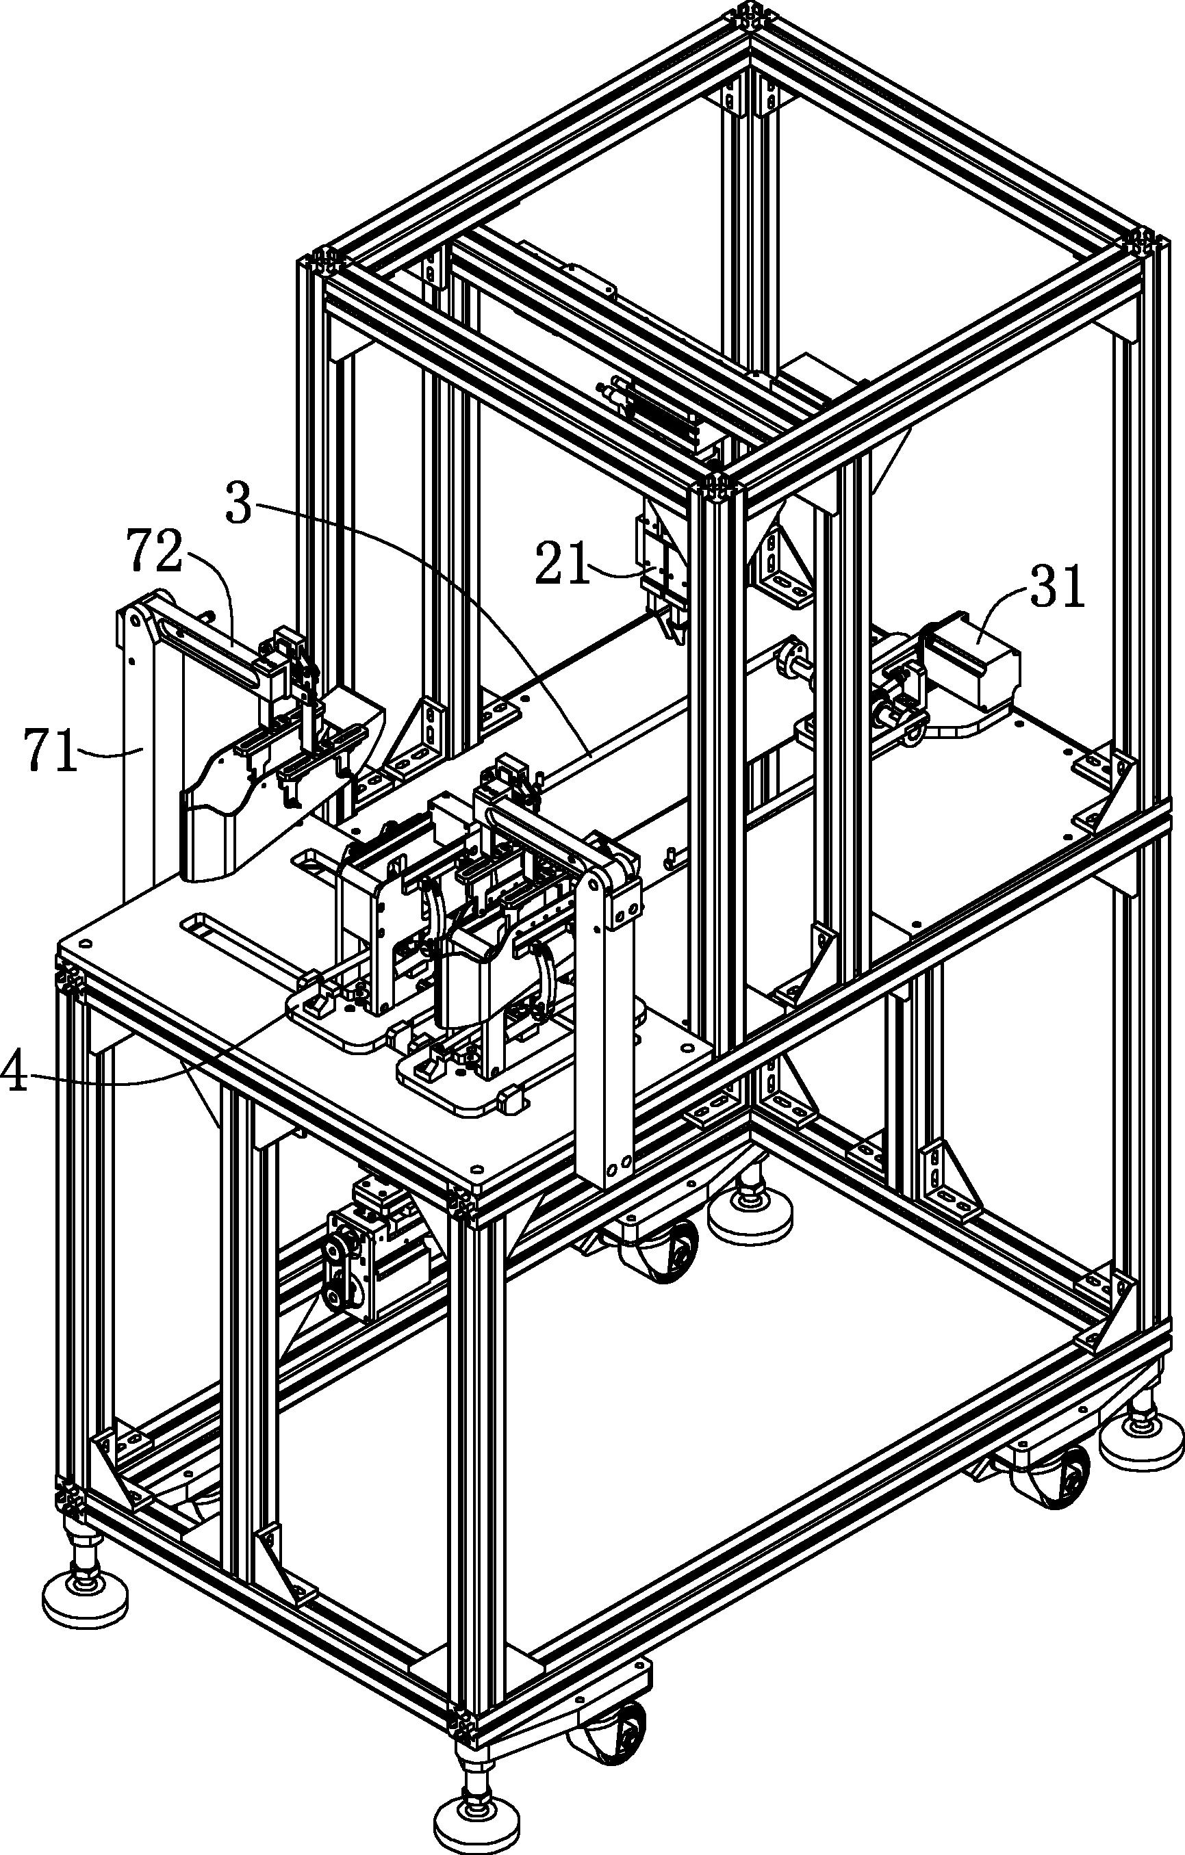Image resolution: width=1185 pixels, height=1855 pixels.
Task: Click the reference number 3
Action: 239,504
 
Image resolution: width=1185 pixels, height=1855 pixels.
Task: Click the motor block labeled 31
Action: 972,661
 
